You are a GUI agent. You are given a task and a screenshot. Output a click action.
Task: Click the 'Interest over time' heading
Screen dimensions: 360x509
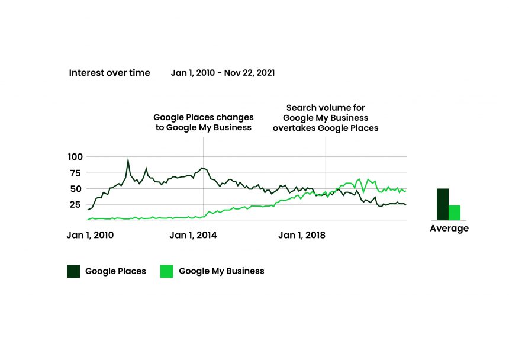(109, 73)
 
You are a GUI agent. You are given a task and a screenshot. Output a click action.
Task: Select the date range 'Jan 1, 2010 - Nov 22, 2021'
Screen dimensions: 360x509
(223, 73)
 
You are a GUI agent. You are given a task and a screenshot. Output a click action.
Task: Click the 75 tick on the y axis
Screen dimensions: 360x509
(77, 173)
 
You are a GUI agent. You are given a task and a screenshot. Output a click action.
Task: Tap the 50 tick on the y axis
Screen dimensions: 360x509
(77, 189)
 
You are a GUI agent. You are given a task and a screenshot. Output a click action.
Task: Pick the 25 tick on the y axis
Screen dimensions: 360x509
(77, 205)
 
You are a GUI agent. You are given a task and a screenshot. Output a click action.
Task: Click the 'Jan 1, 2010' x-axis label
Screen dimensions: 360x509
(90, 235)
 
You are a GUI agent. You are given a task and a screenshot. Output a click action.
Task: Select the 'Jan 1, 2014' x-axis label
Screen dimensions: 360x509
(193, 235)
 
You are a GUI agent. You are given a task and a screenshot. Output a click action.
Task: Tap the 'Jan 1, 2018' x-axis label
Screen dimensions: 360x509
(302, 235)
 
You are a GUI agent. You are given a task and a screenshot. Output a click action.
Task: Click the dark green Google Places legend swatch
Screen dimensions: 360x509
(73, 271)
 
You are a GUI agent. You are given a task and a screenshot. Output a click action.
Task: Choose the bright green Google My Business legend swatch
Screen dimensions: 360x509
(166, 271)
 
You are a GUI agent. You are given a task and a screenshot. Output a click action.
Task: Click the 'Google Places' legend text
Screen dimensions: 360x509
(115, 271)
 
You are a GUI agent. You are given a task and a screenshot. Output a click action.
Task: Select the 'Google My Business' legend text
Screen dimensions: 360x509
(221, 271)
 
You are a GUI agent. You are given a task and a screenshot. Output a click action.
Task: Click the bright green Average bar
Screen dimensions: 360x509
(455, 213)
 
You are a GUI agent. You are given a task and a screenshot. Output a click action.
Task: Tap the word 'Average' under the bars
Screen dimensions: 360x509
(449, 229)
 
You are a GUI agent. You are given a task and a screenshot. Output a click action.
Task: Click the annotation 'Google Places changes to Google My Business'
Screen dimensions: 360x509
(204, 123)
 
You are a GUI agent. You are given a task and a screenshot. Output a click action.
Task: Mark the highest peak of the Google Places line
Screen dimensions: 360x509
(128, 159)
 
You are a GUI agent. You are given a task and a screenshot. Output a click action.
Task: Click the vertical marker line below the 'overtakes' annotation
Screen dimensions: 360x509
(326, 166)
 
